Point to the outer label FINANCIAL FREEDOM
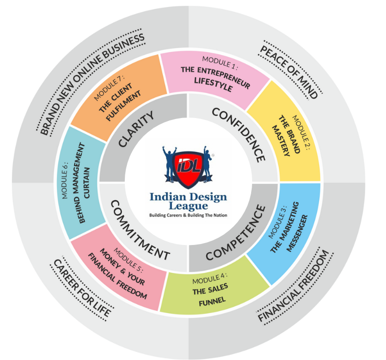click(294, 285)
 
